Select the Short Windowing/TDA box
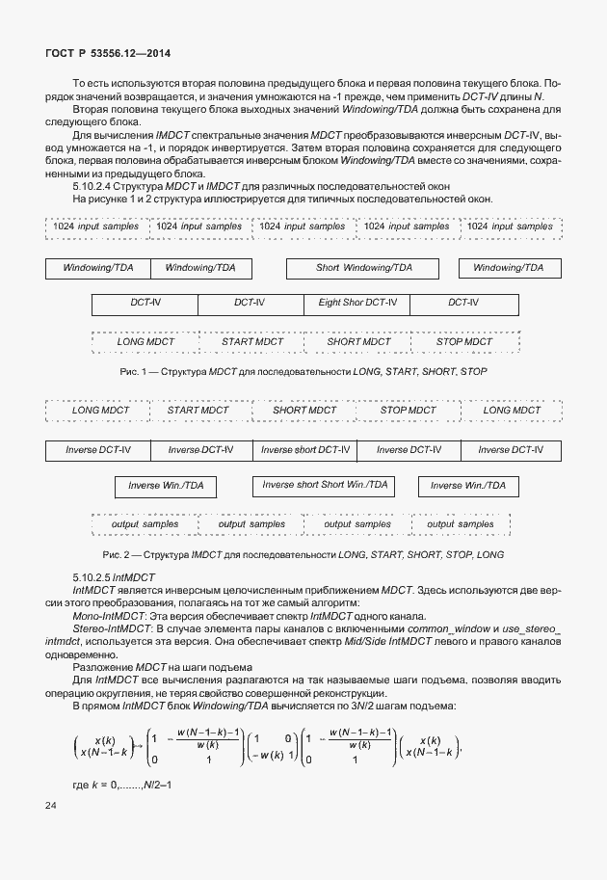363,267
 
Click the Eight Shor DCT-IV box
356,303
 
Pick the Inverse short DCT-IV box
305,449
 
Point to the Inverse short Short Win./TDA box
325,485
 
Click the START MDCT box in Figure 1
251,341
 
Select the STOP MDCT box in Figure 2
408,410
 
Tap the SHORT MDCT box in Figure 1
358,341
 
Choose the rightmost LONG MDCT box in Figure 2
512,410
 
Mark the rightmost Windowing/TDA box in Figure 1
508,267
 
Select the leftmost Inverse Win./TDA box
166,486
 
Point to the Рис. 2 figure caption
303,554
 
